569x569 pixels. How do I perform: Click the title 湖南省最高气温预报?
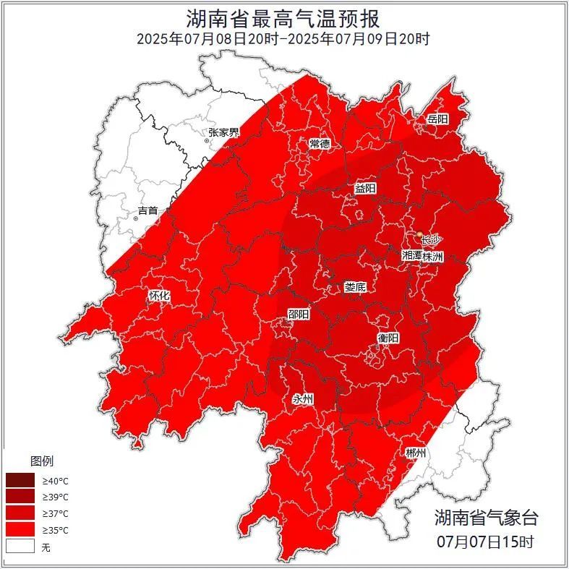(284, 17)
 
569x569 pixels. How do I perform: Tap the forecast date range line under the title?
(284, 39)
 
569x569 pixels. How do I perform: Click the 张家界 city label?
(223, 132)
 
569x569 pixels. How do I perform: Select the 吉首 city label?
(147, 210)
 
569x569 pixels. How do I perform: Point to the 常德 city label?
(320, 143)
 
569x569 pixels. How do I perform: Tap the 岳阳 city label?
(437, 119)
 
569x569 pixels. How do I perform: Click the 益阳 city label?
(365, 188)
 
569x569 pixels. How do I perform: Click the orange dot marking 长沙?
(420, 234)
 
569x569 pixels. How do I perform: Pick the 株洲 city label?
(433, 256)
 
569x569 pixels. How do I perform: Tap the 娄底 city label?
(355, 287)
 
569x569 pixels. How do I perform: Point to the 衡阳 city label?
(388, 338)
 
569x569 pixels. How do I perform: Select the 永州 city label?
(302, 399)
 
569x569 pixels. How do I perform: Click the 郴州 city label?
(416, 453)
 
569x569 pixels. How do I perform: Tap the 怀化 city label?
(159, 296)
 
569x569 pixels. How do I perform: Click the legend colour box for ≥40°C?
(20, 480)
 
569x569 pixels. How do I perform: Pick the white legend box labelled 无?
(20, 547)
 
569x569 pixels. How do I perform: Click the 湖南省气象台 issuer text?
(487, 517)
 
